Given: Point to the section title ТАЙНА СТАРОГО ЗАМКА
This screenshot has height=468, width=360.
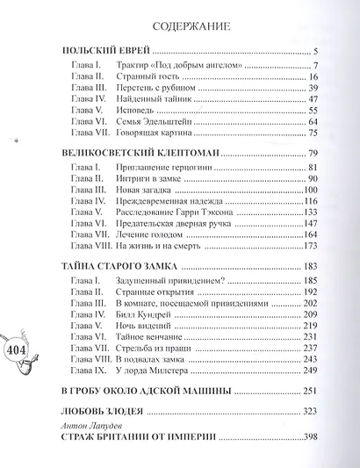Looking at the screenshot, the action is (x=124, y=266).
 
